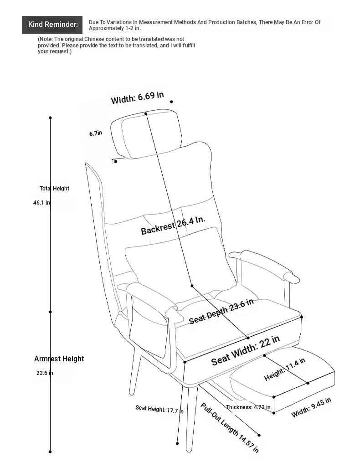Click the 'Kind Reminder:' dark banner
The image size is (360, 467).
point(52,25)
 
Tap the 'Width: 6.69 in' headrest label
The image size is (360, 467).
point(137,98)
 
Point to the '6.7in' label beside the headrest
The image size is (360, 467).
point(96,133)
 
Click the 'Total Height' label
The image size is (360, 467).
point(55,188)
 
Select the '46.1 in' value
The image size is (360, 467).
point(41,203)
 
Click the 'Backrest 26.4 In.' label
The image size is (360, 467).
point(173,225)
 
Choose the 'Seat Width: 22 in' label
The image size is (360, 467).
point(245,350)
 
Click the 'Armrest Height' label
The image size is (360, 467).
point(59,359)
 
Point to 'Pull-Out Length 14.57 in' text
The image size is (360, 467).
point(229,427)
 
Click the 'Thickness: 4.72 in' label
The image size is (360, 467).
point(248,407)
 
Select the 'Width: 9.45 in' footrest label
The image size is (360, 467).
point(311,407)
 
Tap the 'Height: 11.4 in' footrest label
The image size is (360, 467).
point(285,369)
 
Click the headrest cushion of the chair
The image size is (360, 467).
point(146,134)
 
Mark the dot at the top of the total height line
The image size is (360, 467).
point(50,118)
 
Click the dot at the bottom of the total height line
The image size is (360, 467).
point(50,452)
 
